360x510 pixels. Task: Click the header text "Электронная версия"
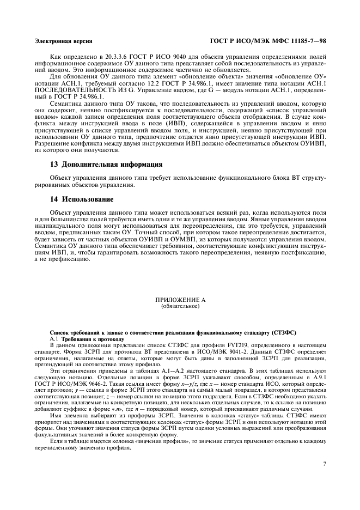click(x=63, y=41)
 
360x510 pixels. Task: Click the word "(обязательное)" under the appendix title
click(x=180, y=306)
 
